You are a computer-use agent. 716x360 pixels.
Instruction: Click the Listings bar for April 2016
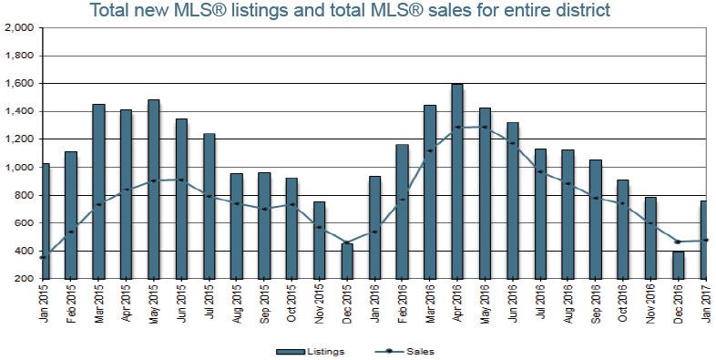457,181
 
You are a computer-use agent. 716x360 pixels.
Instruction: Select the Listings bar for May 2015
154,190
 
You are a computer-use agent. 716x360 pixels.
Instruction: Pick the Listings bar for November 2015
319,241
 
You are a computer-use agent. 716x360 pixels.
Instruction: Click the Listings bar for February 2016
403,211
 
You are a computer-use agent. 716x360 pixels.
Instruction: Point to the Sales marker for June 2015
181,180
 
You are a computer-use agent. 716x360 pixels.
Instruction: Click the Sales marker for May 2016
485,127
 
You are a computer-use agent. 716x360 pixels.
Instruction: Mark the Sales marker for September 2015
264,210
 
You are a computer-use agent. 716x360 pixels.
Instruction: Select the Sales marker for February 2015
71,231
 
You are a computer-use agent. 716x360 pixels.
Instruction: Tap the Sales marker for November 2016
650,223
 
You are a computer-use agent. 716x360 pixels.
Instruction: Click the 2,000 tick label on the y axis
19,28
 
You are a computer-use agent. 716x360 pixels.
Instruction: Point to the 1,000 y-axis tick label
19,167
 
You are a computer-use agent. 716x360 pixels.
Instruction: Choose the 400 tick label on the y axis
25,251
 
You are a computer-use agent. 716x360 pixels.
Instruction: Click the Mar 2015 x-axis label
98,296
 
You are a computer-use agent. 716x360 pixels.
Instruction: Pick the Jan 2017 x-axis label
706,296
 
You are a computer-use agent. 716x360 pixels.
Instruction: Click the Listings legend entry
310,351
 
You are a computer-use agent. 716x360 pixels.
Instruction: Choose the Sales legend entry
404,351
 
